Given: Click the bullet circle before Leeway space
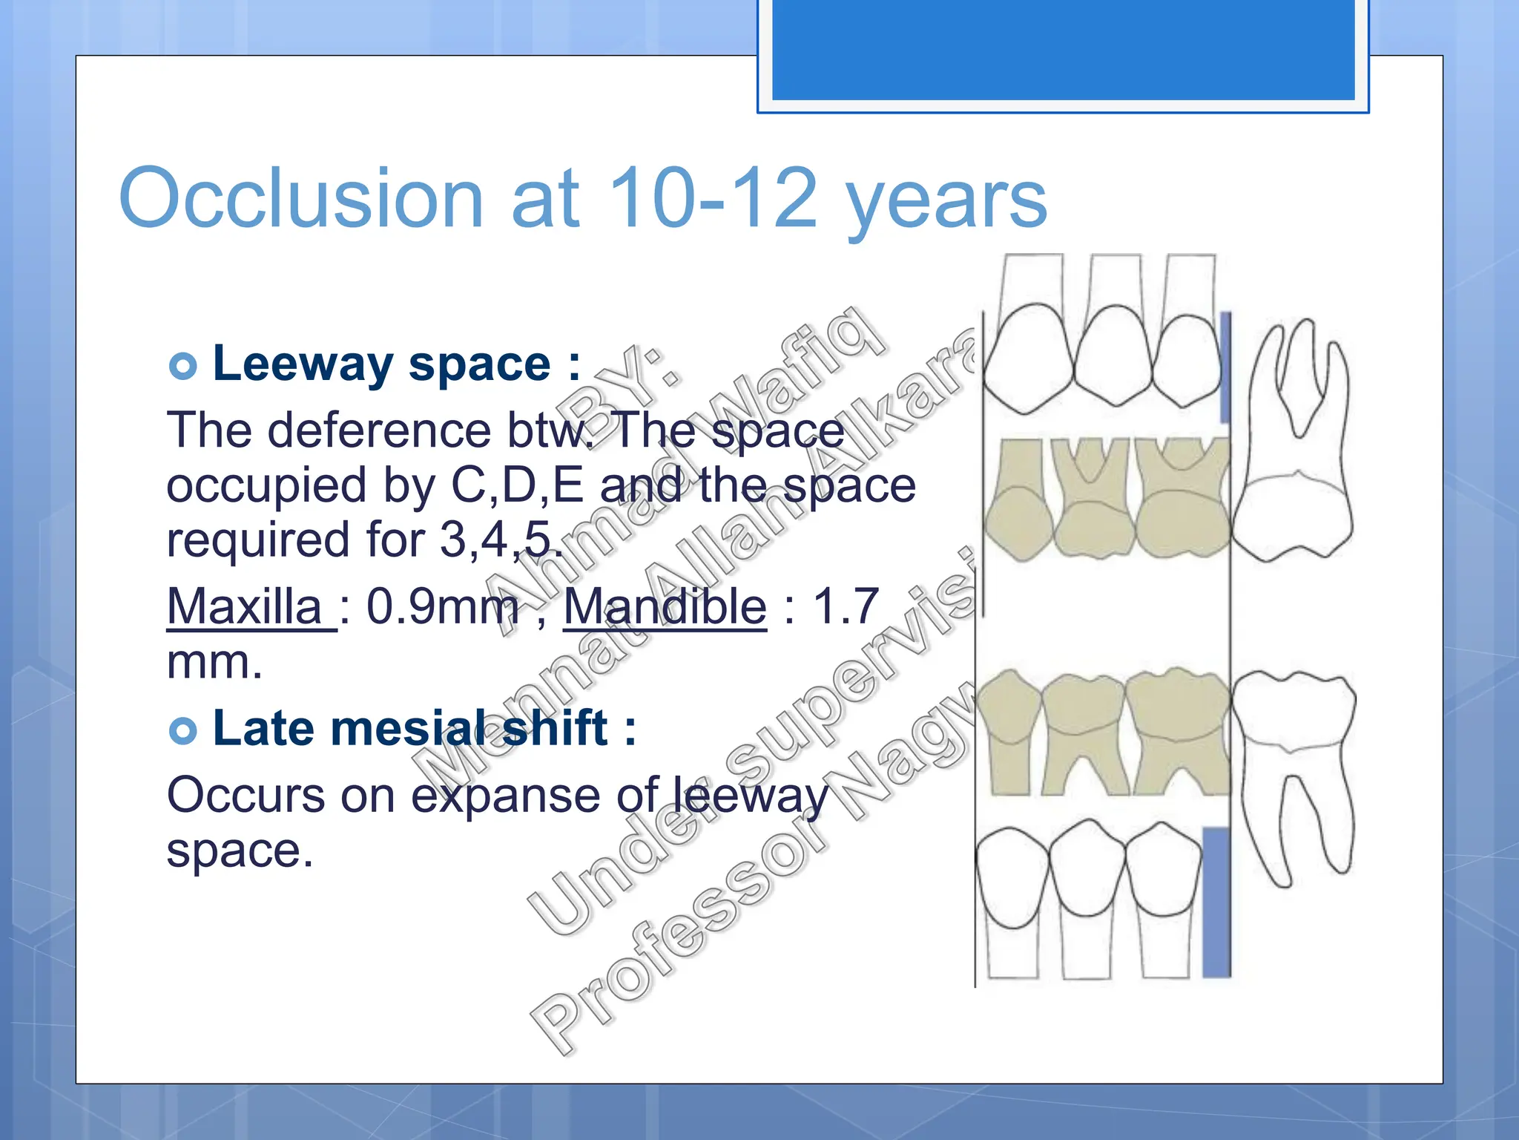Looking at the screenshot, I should tap(182, 366).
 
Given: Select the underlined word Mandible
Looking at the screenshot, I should tap(665, 607).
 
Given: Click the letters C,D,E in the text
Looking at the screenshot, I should tap(518, 485).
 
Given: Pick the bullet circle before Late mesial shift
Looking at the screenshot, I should tap(182, 731).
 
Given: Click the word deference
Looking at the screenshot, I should tap(379, 430).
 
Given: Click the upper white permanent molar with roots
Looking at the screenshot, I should tap(1298, 445).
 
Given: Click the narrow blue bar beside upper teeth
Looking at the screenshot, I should tap(1225, 367).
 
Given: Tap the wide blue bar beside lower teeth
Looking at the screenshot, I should tap(1216, 901).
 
